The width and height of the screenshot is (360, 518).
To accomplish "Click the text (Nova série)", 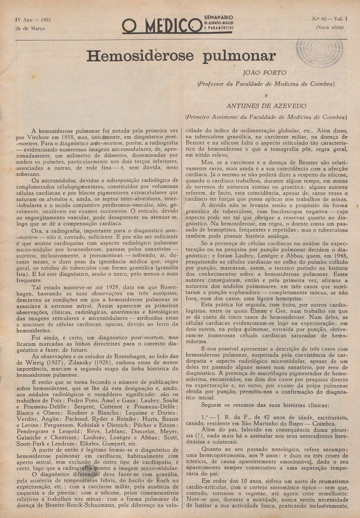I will tap(329, 27).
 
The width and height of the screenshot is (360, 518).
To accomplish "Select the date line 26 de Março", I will tap(30, 28).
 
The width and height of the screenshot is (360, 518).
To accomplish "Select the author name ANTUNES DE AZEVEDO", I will tap(266, 106).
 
